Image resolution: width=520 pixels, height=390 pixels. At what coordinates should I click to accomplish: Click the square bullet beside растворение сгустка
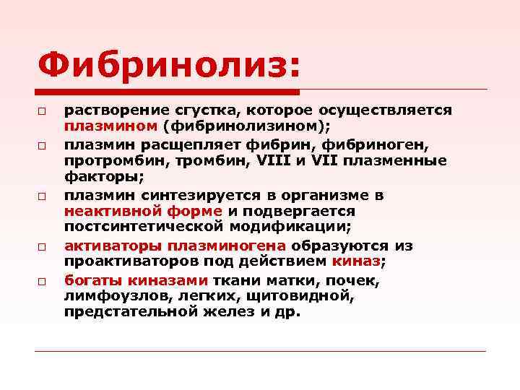tap(43, 112)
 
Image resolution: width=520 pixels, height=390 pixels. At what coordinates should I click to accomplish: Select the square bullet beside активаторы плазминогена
tap(43, 247)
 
